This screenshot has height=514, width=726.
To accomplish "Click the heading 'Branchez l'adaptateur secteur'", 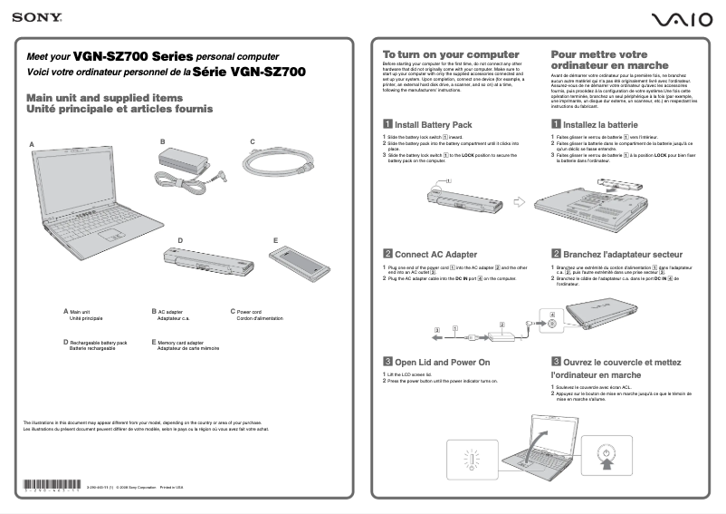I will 623,255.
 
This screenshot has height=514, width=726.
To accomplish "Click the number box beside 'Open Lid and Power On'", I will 387,362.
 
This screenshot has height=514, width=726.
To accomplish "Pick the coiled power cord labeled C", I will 279,167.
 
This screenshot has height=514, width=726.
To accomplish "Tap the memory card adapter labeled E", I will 300,265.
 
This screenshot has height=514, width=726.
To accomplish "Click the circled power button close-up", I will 606,451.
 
